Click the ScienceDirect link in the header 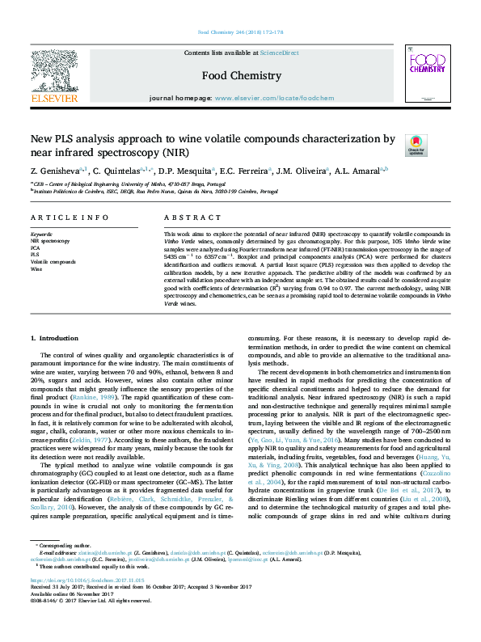click(x=279, y=53)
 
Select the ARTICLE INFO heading click(x=70, y=218)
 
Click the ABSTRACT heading click(x=182, y=218)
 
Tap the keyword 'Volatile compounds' click(x=53, y=262)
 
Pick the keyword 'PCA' click(x=36, y=247)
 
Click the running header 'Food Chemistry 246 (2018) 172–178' click(x=240, y=33)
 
